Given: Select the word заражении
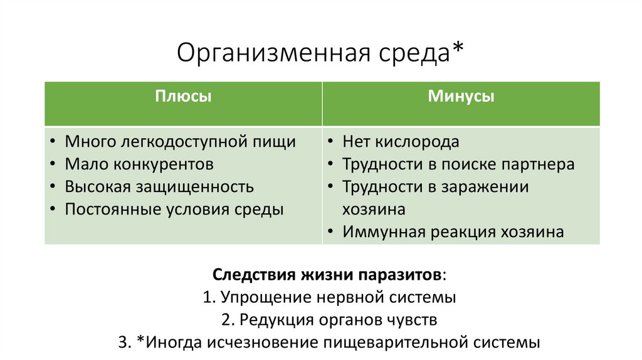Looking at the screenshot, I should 484,187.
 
